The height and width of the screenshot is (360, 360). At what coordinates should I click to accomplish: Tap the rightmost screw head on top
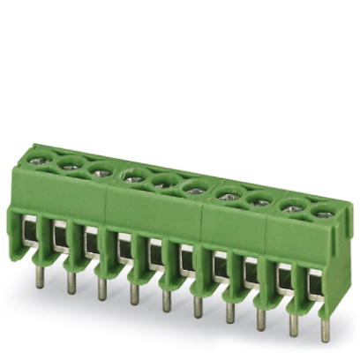point(323,212)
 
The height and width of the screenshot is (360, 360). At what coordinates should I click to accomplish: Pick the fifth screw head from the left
point(161,182)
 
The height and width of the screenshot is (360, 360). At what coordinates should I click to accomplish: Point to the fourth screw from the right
point(227,195)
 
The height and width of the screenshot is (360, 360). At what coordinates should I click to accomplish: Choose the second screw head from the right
point(290,206)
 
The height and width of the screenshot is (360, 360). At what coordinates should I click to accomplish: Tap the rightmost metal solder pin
point(325,331)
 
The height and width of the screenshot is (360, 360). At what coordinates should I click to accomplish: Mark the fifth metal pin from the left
point(165,300)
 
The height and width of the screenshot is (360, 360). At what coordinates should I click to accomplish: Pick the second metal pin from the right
point(293,325)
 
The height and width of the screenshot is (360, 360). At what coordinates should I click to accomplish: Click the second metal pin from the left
point(70,281)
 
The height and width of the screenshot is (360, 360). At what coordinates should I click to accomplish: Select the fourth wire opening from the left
point(124,246)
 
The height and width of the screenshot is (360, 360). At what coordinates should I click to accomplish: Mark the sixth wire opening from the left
point(187,259)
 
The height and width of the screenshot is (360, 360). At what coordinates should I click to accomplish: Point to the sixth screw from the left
point(193,187)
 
